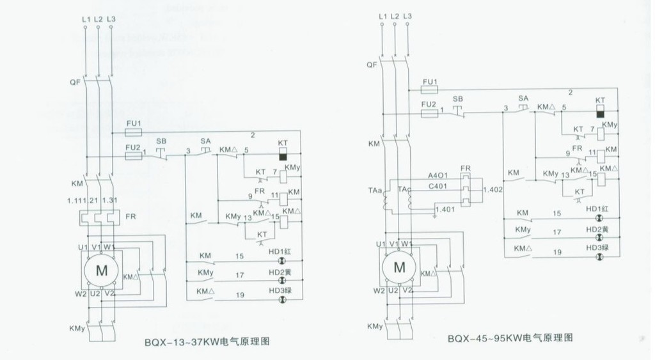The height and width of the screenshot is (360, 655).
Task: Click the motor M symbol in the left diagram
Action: (x=102, y=270)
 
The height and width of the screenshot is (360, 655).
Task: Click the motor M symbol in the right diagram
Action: (x=400, y=266)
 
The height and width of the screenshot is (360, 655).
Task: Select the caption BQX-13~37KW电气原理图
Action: (x=207, y=341)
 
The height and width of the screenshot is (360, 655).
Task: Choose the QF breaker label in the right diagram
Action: (x=372, y=65)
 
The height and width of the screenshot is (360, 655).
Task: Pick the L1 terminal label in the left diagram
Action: (x=86, y=19)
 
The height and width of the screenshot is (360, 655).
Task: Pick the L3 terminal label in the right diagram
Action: (x=408, y=15)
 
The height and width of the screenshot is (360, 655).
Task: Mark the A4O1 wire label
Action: (x=437, y=174)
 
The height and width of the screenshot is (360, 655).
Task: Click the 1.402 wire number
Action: (x=493, y=190)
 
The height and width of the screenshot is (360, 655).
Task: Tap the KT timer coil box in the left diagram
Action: (x=283, y=153)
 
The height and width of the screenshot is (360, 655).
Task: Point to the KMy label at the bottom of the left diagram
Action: (x=75, y=329)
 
